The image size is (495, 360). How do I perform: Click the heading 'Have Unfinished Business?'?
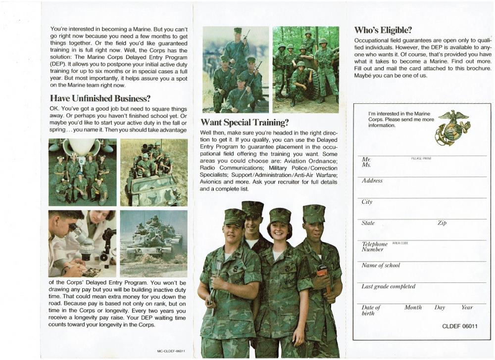point(100,98)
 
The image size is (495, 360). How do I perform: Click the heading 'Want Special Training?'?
point(244,122)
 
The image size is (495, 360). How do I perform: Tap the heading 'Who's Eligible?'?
point(383,30)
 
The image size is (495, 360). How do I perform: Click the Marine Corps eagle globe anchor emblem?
point(452,128)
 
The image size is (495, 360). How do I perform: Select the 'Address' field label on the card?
point(372,181)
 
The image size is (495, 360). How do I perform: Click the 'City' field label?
point(367,202)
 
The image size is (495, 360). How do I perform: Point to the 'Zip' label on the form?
point(442,224)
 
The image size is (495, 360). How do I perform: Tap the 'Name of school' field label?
point(381,266)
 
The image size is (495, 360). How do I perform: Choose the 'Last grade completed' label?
point(388,287)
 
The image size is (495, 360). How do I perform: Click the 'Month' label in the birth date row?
point(413,308)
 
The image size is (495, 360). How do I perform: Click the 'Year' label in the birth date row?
point(467,308)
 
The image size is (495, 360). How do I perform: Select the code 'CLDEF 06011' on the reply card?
point(459,326)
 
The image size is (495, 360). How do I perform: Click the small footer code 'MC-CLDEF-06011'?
point(171,351)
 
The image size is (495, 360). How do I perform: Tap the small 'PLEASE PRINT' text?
point(421,158)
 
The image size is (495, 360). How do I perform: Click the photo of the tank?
point(153,242)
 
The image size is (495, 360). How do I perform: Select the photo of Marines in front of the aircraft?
point(82,172)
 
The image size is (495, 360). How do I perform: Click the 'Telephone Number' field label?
point(375,247)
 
